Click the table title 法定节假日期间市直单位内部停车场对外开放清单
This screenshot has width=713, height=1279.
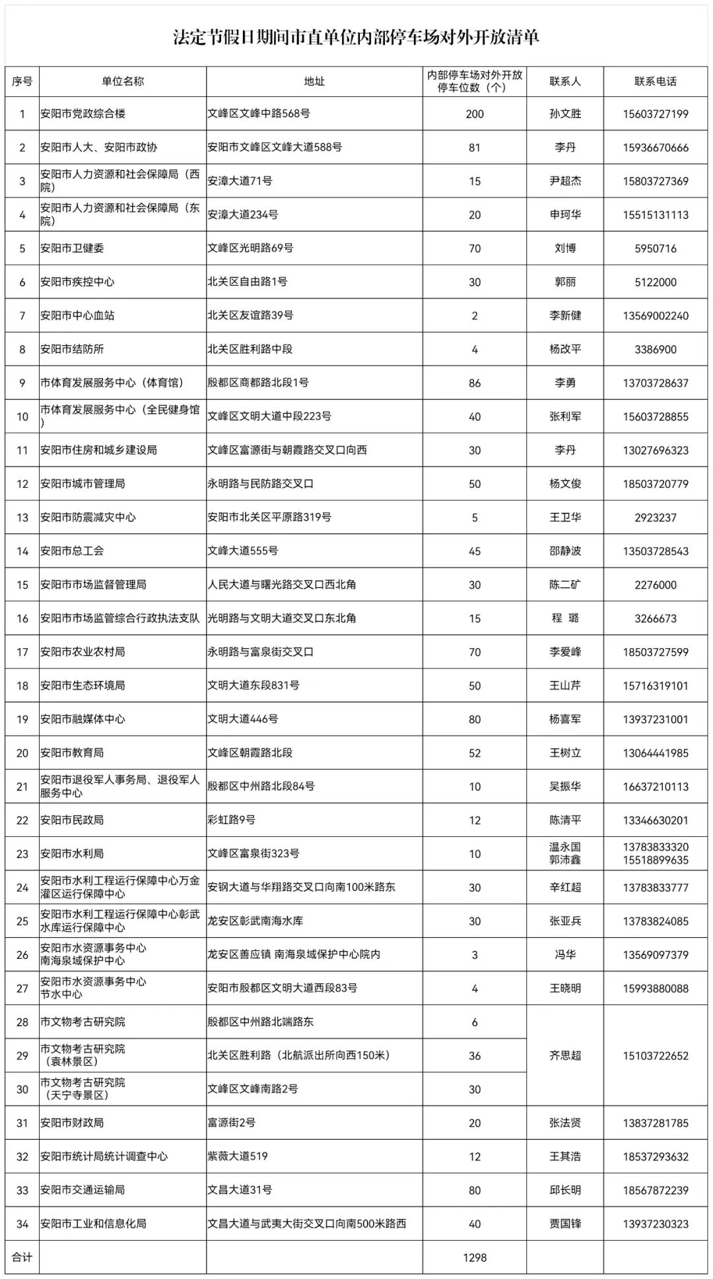[x=356, y=38]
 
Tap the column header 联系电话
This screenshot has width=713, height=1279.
[x=655, y=81]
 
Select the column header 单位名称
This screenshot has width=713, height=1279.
[x=122, y=81]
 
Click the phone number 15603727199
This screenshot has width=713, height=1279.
[x=655, y=114]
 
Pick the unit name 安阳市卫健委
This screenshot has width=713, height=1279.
[x=72, y=248]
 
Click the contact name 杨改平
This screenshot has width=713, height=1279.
[x=565, y=349]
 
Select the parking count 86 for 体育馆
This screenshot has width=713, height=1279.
[x=474, y=383]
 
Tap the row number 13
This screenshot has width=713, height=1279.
[x=22, y=517]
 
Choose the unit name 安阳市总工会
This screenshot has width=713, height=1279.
[x=72, y=551]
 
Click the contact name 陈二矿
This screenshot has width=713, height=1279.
[x=565, y=585]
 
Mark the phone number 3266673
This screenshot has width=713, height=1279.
[x=655, y=618]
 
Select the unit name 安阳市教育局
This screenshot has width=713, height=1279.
[x=72, y=752]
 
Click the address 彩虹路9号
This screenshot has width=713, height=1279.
[x=231, y=820]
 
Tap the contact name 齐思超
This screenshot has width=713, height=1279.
[x=565, y=1055]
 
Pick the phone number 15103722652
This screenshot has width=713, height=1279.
[x=655, y=1055]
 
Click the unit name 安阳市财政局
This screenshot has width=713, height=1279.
[x=72, y=1123]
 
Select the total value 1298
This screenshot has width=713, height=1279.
[x=474, y=1257]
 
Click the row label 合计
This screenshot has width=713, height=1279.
[x=22, y=1257]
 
